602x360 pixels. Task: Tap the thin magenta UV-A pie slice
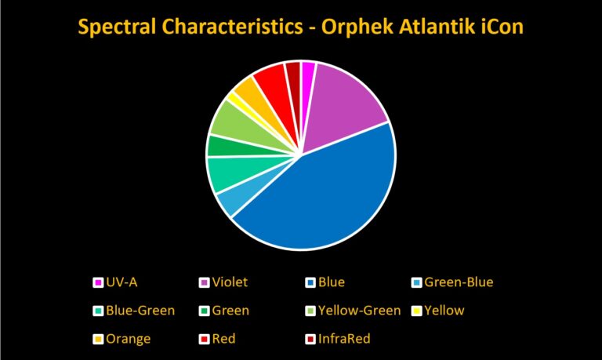tap(307, 77)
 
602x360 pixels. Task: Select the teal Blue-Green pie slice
tap(230, 173)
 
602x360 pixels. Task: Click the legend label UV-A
tap(121, 282)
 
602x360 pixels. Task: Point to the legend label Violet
tap(230, 282)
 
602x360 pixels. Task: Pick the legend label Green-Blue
tap(459, 282)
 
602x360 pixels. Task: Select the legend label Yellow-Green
tap(359, 311)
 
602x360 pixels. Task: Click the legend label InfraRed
tap(344, 339)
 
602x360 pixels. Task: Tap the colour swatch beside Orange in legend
tap(98, 340)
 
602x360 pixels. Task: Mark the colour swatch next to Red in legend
tap(205, 340)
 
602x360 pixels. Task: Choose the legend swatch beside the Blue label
tap(310, 283)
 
